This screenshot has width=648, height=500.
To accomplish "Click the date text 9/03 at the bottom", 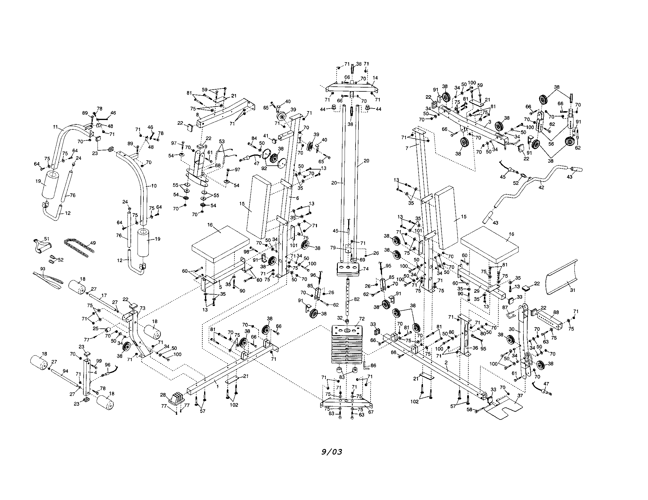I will tap(332, 452).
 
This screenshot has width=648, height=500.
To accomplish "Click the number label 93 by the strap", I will tap(43, 269).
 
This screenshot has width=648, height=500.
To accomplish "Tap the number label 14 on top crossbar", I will tap(375, 78).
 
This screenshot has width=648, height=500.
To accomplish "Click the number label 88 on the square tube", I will tap(556, 312).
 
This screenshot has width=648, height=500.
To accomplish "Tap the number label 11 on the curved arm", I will tap(55, 127).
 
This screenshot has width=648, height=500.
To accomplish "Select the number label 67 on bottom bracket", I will tap(371, 412).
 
